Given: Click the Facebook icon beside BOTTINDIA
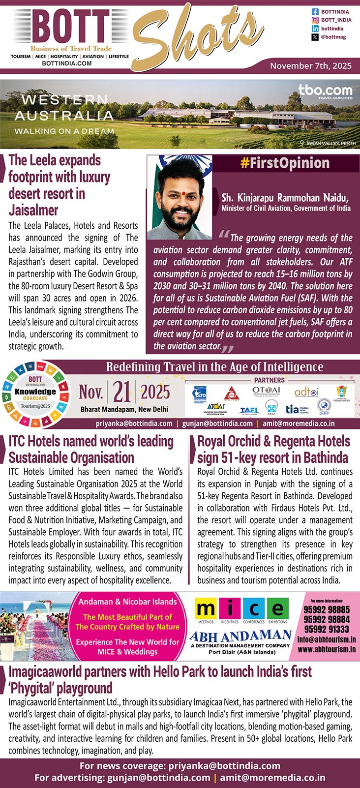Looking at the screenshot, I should pos(315,12).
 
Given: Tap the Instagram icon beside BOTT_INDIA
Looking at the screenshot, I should pos(315,20).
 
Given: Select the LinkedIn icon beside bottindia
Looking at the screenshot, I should pos(315,29).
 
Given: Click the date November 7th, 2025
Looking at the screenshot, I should pos(311,66).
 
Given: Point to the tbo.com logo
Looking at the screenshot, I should pos(325,91).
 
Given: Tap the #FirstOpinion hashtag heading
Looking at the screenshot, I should pos(285,163).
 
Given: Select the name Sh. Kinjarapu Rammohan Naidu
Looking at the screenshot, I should pos(285,198).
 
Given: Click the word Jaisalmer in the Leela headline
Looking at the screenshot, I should pos(33,210).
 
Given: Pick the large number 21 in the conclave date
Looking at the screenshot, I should pos(121,392).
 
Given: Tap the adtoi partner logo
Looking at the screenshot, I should pos(306,392).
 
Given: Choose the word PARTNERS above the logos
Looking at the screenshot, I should pos(269,380).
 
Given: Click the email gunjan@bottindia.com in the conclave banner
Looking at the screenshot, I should pos(217,423).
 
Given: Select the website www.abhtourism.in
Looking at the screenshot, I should pos(327,649).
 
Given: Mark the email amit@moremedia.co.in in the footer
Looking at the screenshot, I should pos(272,778).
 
